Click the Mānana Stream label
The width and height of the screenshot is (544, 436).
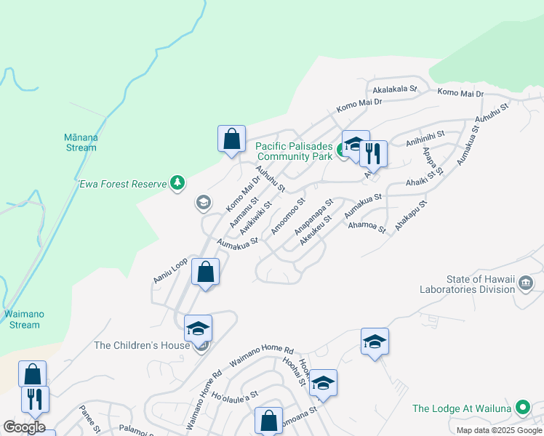coord(80,142)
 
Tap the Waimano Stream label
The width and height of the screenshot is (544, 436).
coord(22,319)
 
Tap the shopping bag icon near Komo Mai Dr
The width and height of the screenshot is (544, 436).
coord(231,139)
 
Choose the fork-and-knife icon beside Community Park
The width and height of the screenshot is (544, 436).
coord(373,153)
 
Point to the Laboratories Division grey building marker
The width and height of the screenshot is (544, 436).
coord(527,283)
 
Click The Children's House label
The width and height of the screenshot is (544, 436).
coord(142,345)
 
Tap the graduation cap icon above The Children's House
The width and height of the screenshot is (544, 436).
coord(198,329)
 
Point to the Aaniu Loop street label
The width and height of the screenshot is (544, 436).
coord(170,270)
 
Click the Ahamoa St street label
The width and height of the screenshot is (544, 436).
coord(367,227)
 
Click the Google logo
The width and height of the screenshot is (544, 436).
coord(23,427)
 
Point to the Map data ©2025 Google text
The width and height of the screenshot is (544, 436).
coord(499,430)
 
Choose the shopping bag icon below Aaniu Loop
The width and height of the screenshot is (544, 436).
coord(206,273)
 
